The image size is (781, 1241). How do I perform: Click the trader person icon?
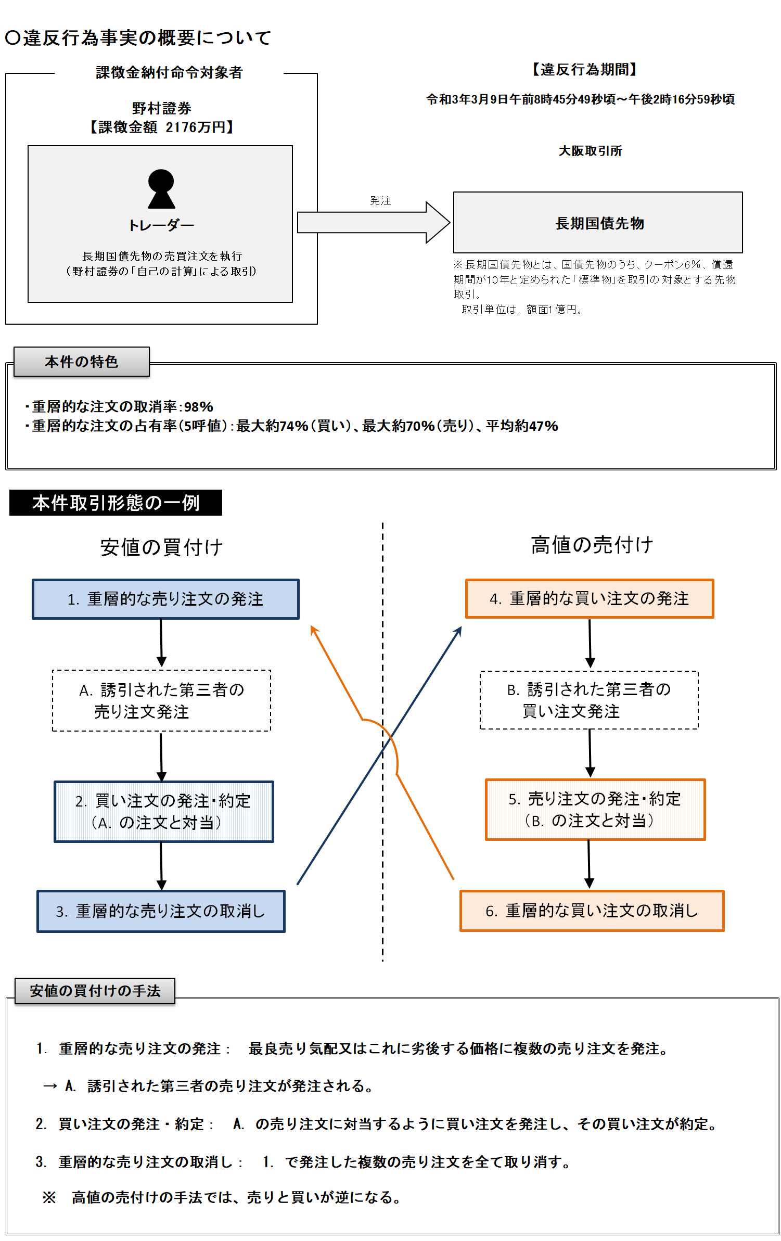point(161,189)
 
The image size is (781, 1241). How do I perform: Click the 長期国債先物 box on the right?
point(597,223)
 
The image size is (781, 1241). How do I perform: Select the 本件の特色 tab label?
point(82,362)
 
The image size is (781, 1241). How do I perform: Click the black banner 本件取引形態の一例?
point(116,503)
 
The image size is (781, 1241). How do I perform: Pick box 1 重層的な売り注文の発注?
point(165,599)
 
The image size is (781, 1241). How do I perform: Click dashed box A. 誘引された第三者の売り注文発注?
point(161,700)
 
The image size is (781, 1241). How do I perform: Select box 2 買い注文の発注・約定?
point(164,811)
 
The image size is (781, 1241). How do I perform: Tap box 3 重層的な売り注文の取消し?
point(161,911)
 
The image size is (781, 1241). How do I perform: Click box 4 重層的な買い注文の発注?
point(589,598)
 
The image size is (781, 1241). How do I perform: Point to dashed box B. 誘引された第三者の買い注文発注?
point(589,700)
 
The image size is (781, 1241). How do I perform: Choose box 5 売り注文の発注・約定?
point(595,809)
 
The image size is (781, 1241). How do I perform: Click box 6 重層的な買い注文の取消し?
point(592,911)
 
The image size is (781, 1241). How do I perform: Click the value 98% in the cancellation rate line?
point(199,406)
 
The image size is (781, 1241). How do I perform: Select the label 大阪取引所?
point(590,151)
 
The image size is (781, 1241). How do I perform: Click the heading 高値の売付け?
point(592,545)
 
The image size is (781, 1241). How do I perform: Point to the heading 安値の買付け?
point(161,547)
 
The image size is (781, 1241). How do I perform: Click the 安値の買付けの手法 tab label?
point(95,991)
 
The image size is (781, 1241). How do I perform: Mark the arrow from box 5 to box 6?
point(589,864)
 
